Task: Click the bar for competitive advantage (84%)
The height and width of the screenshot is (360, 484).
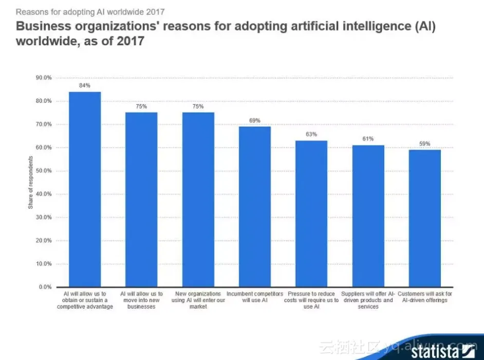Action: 85,189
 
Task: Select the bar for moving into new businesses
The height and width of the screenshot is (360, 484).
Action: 141,200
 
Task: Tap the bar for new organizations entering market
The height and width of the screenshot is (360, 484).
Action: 198,200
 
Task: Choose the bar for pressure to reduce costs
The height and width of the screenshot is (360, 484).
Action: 311,213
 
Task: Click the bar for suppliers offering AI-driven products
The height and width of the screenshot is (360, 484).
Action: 368,216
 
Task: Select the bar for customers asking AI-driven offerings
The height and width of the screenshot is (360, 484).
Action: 425,218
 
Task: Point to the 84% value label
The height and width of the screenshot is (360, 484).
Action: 85,85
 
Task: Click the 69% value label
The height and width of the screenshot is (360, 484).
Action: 255,120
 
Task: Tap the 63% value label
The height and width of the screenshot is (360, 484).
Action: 311,134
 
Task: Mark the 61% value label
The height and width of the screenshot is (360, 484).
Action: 368,139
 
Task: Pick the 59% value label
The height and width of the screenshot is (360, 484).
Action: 425,144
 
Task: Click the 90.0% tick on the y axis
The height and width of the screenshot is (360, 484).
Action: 43,78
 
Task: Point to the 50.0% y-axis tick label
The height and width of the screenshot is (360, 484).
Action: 43,171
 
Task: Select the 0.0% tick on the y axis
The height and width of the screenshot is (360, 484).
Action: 45,287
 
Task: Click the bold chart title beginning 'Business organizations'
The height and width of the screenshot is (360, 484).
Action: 226,33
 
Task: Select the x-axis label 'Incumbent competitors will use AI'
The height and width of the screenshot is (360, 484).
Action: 255,297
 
